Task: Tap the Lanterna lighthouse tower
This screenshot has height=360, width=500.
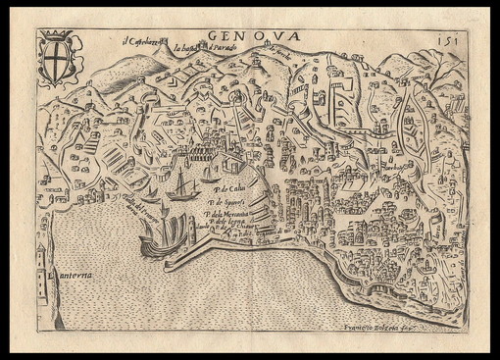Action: tap(41, 263)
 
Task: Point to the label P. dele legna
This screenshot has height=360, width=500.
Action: tap(227, 224)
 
